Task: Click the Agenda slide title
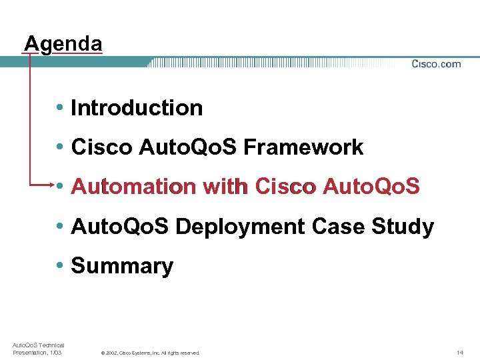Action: tap(63, 44)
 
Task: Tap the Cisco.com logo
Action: tap(436, 64)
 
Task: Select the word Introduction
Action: tap(137, 108)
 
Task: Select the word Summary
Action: tap(122, 266)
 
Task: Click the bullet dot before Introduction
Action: tap(60, 108)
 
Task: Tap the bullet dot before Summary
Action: tap(60, 266)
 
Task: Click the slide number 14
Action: tap(459, 352)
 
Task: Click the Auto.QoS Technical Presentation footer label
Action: tap(38, 348)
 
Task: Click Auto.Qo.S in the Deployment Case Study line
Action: tap(120, 227)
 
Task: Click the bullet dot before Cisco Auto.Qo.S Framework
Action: tap(60, 147)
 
